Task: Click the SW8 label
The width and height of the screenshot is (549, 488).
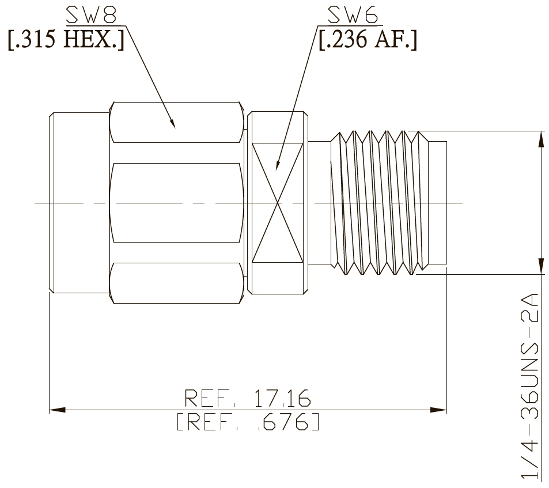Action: [x=91, y=15]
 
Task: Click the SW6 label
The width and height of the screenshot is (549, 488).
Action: [x=353, y=15]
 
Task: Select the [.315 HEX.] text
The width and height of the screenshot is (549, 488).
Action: [x=66, y=39]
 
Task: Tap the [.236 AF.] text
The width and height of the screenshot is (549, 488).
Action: [x=368, y=39]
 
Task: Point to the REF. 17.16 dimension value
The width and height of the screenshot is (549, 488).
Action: [x=248, y=398]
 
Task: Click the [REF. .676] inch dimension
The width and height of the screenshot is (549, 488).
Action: [x=248, y=422]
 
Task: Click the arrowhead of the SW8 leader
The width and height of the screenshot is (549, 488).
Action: [x=172, y=123]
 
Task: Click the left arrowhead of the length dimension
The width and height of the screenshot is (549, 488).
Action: [x=57, y=410]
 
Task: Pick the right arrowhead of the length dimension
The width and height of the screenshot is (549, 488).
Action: [x=438, y=410]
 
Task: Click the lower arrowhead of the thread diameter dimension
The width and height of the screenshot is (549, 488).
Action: [x=542, y=266]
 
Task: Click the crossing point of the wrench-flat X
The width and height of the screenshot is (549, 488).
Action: [x=278, y=203]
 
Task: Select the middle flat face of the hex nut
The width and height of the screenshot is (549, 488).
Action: [x=176, y=203]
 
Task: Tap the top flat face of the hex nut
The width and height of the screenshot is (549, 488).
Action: [x=176, y=123]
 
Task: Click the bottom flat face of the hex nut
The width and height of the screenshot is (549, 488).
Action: [x=176, y=283]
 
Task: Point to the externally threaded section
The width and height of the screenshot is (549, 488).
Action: [x=380, y=203]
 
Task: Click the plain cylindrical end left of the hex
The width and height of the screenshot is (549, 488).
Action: [x=79, y=203]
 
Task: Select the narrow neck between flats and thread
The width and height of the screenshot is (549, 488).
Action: [x=319, y=203]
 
